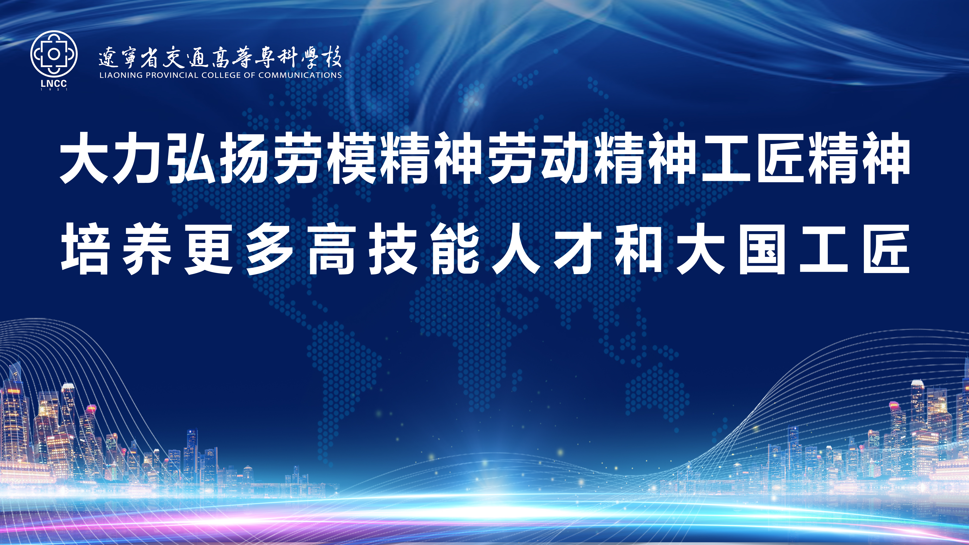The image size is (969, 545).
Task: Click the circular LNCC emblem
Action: click(54, 54)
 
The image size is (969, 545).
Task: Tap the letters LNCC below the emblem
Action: click(54, 84)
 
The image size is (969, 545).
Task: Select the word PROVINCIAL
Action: click(172, 75)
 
